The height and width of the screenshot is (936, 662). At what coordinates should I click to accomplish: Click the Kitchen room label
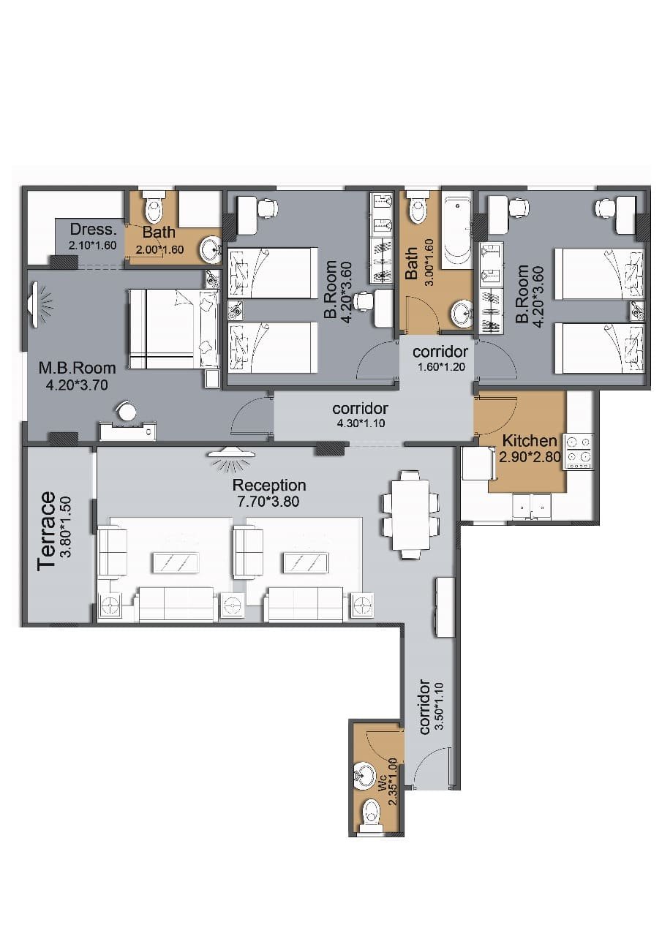tap(529, 441)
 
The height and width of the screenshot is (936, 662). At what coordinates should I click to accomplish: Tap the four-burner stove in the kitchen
tap(579, 452)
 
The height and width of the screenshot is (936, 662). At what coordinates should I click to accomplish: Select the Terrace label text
tap(46, 531)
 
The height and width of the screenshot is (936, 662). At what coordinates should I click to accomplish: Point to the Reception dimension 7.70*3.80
tap(268, 502)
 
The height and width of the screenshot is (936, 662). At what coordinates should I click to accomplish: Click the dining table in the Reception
tap(411, 514)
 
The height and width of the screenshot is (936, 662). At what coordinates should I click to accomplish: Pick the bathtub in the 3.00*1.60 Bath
tap(457, 230)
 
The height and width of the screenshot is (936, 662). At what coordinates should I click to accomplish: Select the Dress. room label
tap(91, 230)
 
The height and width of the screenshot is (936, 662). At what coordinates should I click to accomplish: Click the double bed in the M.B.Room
tap(174, 329)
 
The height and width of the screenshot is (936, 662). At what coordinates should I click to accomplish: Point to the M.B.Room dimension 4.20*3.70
tap(77, 385)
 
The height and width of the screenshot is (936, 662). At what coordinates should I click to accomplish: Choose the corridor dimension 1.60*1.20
tap(441, 367)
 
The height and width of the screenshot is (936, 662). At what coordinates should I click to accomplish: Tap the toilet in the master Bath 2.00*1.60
tap(154, 207)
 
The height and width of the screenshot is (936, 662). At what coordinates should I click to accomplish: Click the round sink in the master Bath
tap(211, 250)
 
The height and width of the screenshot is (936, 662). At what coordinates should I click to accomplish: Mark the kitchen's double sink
tap(531, 507)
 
